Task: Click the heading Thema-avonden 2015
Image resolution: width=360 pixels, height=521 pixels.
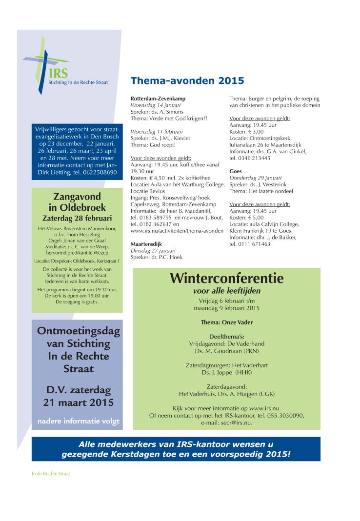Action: click(x=187, y=80)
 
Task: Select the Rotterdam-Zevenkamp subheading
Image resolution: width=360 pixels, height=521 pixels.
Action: click(x=158, y=99)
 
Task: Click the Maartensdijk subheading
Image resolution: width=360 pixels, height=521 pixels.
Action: click(x=146, y=243)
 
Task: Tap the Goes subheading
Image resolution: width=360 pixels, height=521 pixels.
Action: click(x=236, y=172)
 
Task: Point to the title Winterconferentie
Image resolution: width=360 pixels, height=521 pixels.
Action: click(x=227, y=279)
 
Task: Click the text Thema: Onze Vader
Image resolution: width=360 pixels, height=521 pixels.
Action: click(x=227, y=322)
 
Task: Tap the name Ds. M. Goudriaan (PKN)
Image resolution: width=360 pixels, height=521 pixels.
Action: click(x=227, y=350)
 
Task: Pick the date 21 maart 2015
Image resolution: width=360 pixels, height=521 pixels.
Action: click(x=78, y=402)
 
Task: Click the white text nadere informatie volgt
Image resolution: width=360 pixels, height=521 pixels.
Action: click(x=78, y=421)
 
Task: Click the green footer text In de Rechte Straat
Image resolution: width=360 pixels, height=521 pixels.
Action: click(x=51, y=473)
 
